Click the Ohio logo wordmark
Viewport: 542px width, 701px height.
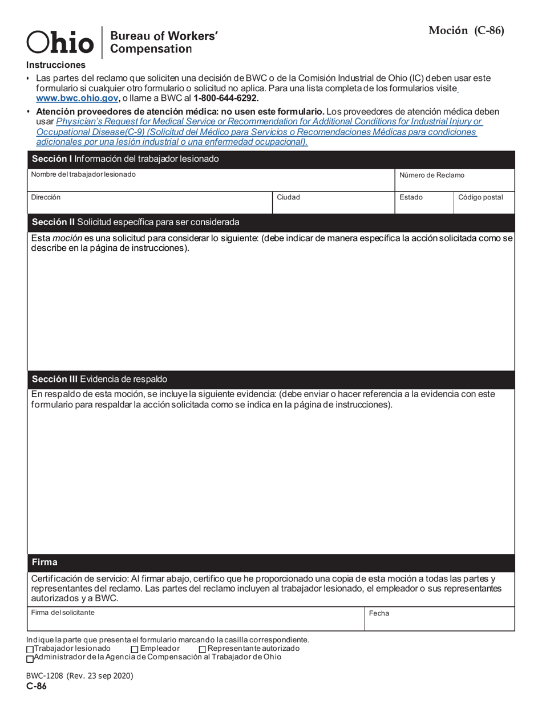click(x=60, y=42)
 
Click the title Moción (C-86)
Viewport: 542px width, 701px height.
click(x=466, y=31)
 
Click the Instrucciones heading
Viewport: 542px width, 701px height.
click(x=55, y=65)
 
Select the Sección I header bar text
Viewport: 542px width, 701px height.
click(x=125, y=159)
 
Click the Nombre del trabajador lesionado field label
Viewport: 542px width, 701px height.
click(x=83, y=174)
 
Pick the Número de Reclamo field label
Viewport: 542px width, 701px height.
click(x=431, y=175)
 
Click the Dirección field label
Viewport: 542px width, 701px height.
click(x=46, y=197)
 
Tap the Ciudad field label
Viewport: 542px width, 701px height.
click(x=288, y=197)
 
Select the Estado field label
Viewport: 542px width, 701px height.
click(x=411, y=197)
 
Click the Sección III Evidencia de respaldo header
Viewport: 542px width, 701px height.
click(x=99, y=379)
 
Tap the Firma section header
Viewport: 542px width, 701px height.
click(x=45, y=563)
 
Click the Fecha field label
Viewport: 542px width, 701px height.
click(x=379, y=613)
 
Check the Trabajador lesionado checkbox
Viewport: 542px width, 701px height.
click(x=30, y=650)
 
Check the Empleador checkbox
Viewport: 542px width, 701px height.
click(x=135, y=650)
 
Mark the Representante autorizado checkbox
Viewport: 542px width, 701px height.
click(x=203, y=650)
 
